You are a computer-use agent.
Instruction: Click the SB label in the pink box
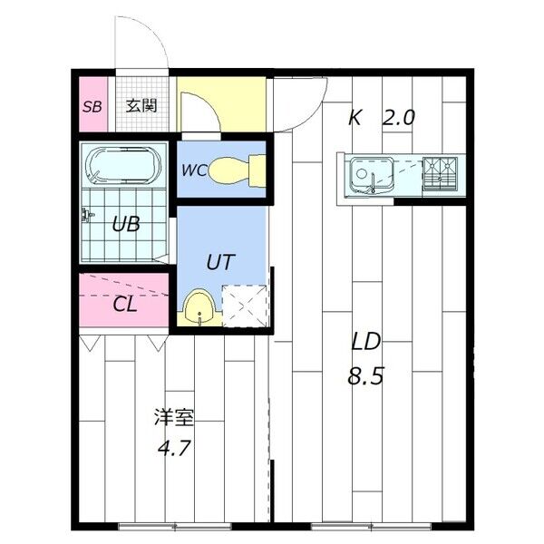(92, 106)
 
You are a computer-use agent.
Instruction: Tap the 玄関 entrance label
(141, 105)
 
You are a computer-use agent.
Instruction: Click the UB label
(125, 223)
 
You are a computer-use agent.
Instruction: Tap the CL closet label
(125, 304)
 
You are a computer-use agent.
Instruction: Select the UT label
(220, 263)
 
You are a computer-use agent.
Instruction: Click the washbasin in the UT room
(199, 308)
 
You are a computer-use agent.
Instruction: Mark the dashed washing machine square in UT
(243, 305)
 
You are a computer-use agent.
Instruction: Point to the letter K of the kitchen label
(355, 117)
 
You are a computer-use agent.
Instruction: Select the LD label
(366, 342)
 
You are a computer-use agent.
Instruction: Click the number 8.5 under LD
(366, 375)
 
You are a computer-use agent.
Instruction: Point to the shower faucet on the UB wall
(87, 216)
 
